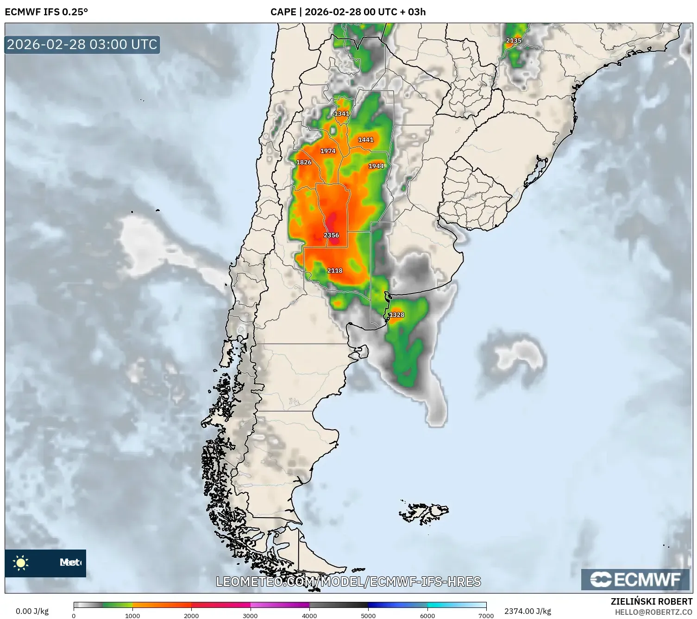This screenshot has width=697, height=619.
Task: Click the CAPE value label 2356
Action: (331, 235)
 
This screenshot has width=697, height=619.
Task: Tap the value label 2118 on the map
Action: (334, 270)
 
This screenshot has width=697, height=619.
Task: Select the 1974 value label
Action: (327, 151)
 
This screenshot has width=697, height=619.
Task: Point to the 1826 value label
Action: (304, 162)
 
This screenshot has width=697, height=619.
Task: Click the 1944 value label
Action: (376, 166)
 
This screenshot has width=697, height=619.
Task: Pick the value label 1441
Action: (365, 139)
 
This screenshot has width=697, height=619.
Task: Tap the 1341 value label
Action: (342, 113)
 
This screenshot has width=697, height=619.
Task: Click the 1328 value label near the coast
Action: (396, 315)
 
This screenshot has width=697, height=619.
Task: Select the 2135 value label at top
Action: (513, 41)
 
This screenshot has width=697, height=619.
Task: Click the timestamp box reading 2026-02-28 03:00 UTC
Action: (82, 44)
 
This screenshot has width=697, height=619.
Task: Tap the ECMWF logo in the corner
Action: (635, 579)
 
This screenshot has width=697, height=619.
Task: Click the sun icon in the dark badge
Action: (21, 563)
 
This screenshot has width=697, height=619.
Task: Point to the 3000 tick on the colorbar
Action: (251, 615)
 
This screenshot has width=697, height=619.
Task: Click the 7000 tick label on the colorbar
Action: (486, 615)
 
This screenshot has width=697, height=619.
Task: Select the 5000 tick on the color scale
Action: (368, 615)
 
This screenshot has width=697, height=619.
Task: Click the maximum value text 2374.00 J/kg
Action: (527, 611)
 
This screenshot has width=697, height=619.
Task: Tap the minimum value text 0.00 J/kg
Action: (32, 611)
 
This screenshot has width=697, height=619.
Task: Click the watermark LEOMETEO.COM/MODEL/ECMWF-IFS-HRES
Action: (348, 581)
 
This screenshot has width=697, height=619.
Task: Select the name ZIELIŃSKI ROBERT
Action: (651, 601)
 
